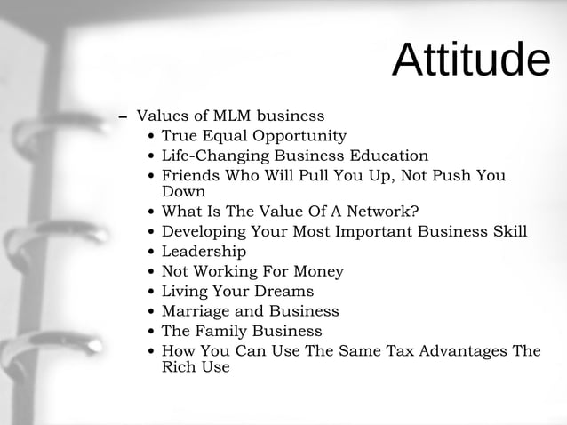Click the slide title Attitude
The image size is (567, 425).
coord(470,60)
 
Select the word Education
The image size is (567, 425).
coord(384,156)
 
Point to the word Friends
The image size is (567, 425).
coord(192,176)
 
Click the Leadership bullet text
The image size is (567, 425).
coord(204,252)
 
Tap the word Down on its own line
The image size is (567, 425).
coord(183,191)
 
